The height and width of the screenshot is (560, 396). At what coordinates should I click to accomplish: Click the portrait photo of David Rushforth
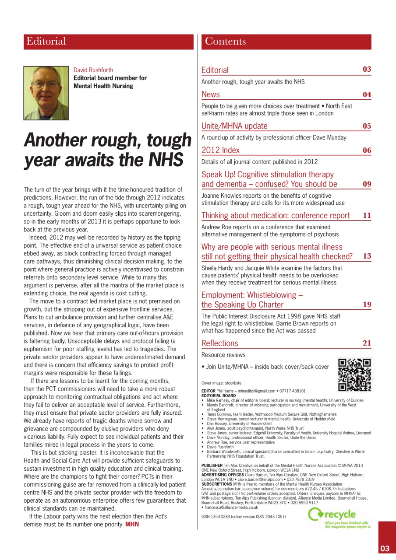click(x=46, y=93)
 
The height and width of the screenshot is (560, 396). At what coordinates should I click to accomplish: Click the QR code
click(x=354, y=374)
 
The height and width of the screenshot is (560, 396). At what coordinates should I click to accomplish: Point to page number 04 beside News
click(x=367, y=94)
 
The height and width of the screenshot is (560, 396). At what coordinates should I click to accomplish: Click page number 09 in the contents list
click(x=367, y=184)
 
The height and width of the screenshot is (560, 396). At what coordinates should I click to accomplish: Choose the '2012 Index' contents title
click(x=220, y=150)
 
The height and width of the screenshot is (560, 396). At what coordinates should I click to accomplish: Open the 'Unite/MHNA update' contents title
click(x=234, y=126)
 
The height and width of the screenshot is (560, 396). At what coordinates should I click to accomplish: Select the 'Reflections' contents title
click(x=219, y=343)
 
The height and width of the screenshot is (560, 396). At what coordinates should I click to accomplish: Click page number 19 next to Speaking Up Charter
click(x=367, y=304)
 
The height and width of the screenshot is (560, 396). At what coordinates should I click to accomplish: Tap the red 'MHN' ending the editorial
click(x=132, y=524)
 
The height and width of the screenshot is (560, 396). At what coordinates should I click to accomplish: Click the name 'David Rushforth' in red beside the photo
click(x=93, y=70)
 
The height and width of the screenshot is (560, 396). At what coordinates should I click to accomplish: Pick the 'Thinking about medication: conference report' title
click(x=276, y=215)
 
